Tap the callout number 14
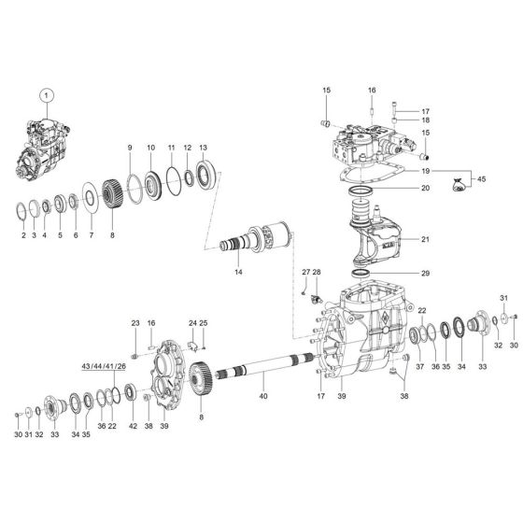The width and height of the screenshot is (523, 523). click(x=239, y=272)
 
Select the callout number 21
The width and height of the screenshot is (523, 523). click(x=425, y=239)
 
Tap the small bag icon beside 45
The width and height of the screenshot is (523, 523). click(x=458, y=185)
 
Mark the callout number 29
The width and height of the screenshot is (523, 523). click(x=425, y=273)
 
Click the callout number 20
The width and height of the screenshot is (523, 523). click(x=425, y=188)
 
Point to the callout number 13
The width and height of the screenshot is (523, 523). click(x=203, y=148)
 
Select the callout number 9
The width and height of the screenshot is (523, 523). click(x=131, y=148)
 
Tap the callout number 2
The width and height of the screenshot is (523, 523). click(x=23, y=237)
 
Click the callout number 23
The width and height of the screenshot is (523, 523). click(x=134, y=323)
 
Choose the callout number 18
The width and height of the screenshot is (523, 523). click(x=425, y=120)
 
